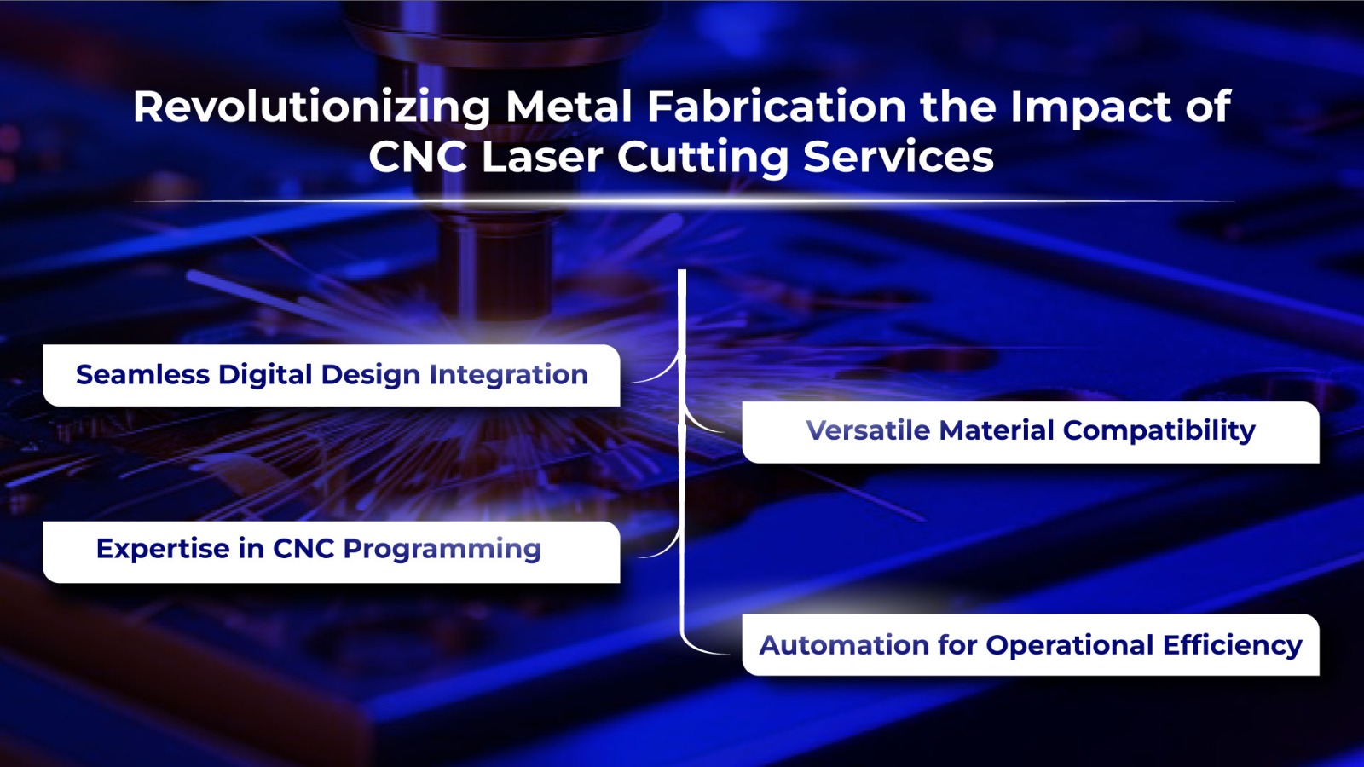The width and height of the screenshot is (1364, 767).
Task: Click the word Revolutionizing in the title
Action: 311,107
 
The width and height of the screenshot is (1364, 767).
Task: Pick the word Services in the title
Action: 899,157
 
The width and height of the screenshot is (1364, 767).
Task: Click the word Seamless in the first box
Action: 142,374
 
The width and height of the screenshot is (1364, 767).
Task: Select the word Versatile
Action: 868,430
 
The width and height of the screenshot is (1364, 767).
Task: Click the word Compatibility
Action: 1159,431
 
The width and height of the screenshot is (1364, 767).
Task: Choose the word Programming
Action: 442,550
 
